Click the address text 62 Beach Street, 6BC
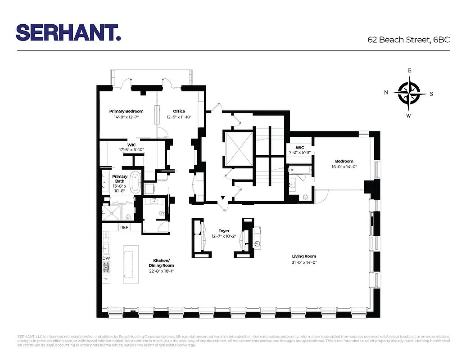(408, 40)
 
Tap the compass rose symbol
(409, 93)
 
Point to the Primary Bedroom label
(126, 111)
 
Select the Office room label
(179, 111)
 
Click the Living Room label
(304, 256)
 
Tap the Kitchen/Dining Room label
(161, 263)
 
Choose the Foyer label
(224, 231)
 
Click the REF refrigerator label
(124, 228)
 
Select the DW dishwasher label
(106, 258)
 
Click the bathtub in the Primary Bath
(136, 182)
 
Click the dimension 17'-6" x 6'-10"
(131, 150)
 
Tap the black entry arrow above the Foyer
(222, 198)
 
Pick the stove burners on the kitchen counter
(106, 268)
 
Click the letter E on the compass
(409, 71)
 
